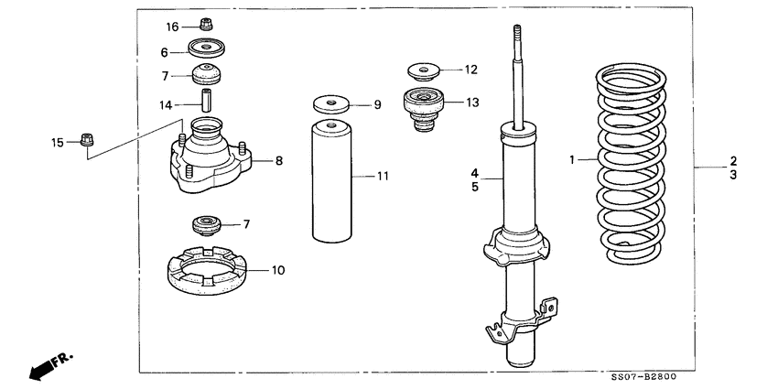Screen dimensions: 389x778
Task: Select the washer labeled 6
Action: point(208,49)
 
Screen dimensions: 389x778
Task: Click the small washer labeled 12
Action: point(422,70)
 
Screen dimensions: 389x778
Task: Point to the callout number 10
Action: point(278,270)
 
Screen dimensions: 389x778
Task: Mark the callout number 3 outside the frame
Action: point(733,175)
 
